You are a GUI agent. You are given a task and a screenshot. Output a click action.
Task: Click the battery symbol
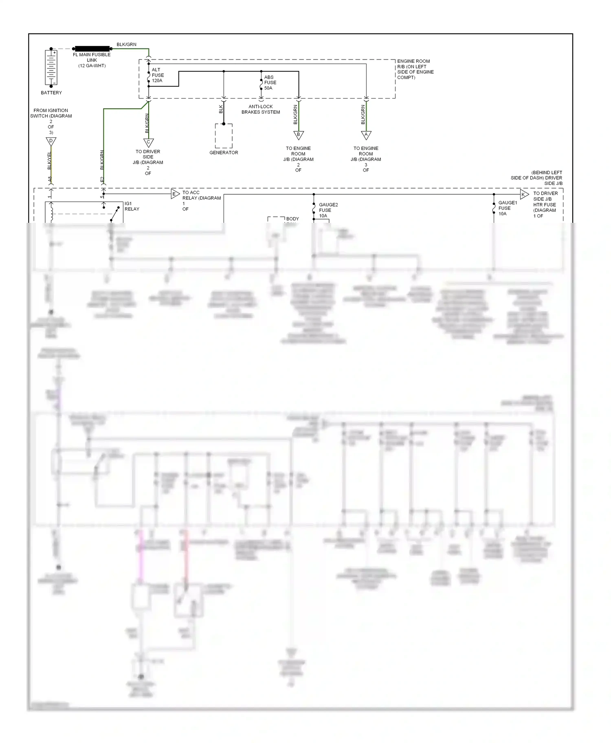51,68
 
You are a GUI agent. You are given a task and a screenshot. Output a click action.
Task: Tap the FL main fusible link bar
92,48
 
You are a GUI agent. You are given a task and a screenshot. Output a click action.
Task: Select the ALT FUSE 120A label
158,75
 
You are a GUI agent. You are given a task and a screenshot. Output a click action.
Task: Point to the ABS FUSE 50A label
270,83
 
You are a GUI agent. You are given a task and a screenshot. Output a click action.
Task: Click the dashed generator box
224,136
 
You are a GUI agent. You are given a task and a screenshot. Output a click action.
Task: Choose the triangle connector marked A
366,135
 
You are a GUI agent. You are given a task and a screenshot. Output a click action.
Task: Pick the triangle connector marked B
299,135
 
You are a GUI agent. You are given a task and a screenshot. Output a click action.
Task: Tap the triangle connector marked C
148,143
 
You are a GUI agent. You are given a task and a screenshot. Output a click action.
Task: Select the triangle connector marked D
51,141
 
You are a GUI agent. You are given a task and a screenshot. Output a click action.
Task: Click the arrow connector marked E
175,194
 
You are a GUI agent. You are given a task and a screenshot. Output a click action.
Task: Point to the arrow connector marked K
524,194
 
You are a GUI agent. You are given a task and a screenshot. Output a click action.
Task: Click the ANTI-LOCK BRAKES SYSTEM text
261,109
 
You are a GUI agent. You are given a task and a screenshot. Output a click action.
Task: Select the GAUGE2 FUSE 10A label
327,210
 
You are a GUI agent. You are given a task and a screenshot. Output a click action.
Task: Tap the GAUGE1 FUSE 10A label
507,208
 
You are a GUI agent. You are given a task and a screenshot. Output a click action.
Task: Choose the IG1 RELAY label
132,206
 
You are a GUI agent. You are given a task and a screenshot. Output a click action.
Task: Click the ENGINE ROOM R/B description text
415,69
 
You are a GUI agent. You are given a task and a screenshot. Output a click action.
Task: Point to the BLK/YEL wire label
49,161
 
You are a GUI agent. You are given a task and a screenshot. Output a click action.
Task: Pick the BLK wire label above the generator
221,109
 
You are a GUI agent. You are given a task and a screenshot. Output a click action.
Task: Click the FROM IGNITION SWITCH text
51,121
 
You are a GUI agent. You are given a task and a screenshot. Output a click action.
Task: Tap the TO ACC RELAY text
201,200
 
